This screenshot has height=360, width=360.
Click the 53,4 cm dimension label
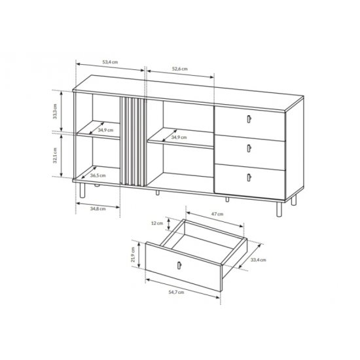tap(110, 62)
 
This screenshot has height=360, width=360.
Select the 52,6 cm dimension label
tap(180, 69)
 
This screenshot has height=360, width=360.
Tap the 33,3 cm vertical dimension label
tap(54, 111)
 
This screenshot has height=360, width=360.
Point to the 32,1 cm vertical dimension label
tap(54, 155)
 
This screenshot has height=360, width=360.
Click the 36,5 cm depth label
tap(98, 175)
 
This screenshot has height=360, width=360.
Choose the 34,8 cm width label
tap(98, 209)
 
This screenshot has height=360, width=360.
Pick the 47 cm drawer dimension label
tap(217, 214)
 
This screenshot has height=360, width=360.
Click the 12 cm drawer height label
tap(157, 223)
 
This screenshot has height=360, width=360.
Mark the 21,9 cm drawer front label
tap(133, 255)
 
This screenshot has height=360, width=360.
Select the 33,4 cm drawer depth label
tap(259, 260)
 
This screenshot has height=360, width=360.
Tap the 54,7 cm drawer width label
tap(176, 293)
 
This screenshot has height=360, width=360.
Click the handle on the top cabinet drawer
tap(249, 119)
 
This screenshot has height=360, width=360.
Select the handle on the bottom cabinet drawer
tap(249, 177)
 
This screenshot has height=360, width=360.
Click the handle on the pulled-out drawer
tap(179, 265)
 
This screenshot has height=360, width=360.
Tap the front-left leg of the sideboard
tap(82, 190)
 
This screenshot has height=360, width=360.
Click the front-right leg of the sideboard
tap(279, 209)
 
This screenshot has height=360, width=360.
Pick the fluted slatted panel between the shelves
tap(133, 141)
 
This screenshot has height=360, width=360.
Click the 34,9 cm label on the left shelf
tap(105, 130)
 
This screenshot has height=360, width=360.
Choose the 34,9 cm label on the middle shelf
tap(179, 137)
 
